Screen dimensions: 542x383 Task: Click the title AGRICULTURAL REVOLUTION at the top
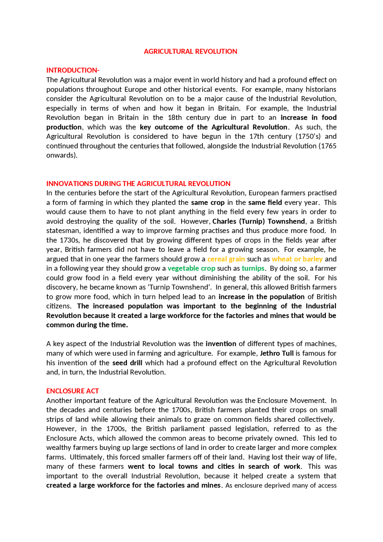click(190, 51)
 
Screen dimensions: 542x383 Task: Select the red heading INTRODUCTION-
click(73, 70)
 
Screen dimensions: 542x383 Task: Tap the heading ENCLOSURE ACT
click(72, 391)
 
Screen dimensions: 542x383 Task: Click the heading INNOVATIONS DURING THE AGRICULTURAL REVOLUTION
click(138, 183)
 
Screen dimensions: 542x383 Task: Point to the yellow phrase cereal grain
click(226, 259)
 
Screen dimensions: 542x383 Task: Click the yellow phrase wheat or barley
click(297, 259)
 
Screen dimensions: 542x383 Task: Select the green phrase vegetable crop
click(191, 268)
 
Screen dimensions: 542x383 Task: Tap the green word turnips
click(253, 268)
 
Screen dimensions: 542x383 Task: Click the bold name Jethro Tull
click(276, 353)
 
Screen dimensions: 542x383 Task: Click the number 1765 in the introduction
click(329, 146)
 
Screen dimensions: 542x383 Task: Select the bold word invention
click(221, 344)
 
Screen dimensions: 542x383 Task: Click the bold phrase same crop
click(208, 202)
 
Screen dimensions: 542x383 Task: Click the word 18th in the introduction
click(175, 118)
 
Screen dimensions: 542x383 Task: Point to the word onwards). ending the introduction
click(62, 155)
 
